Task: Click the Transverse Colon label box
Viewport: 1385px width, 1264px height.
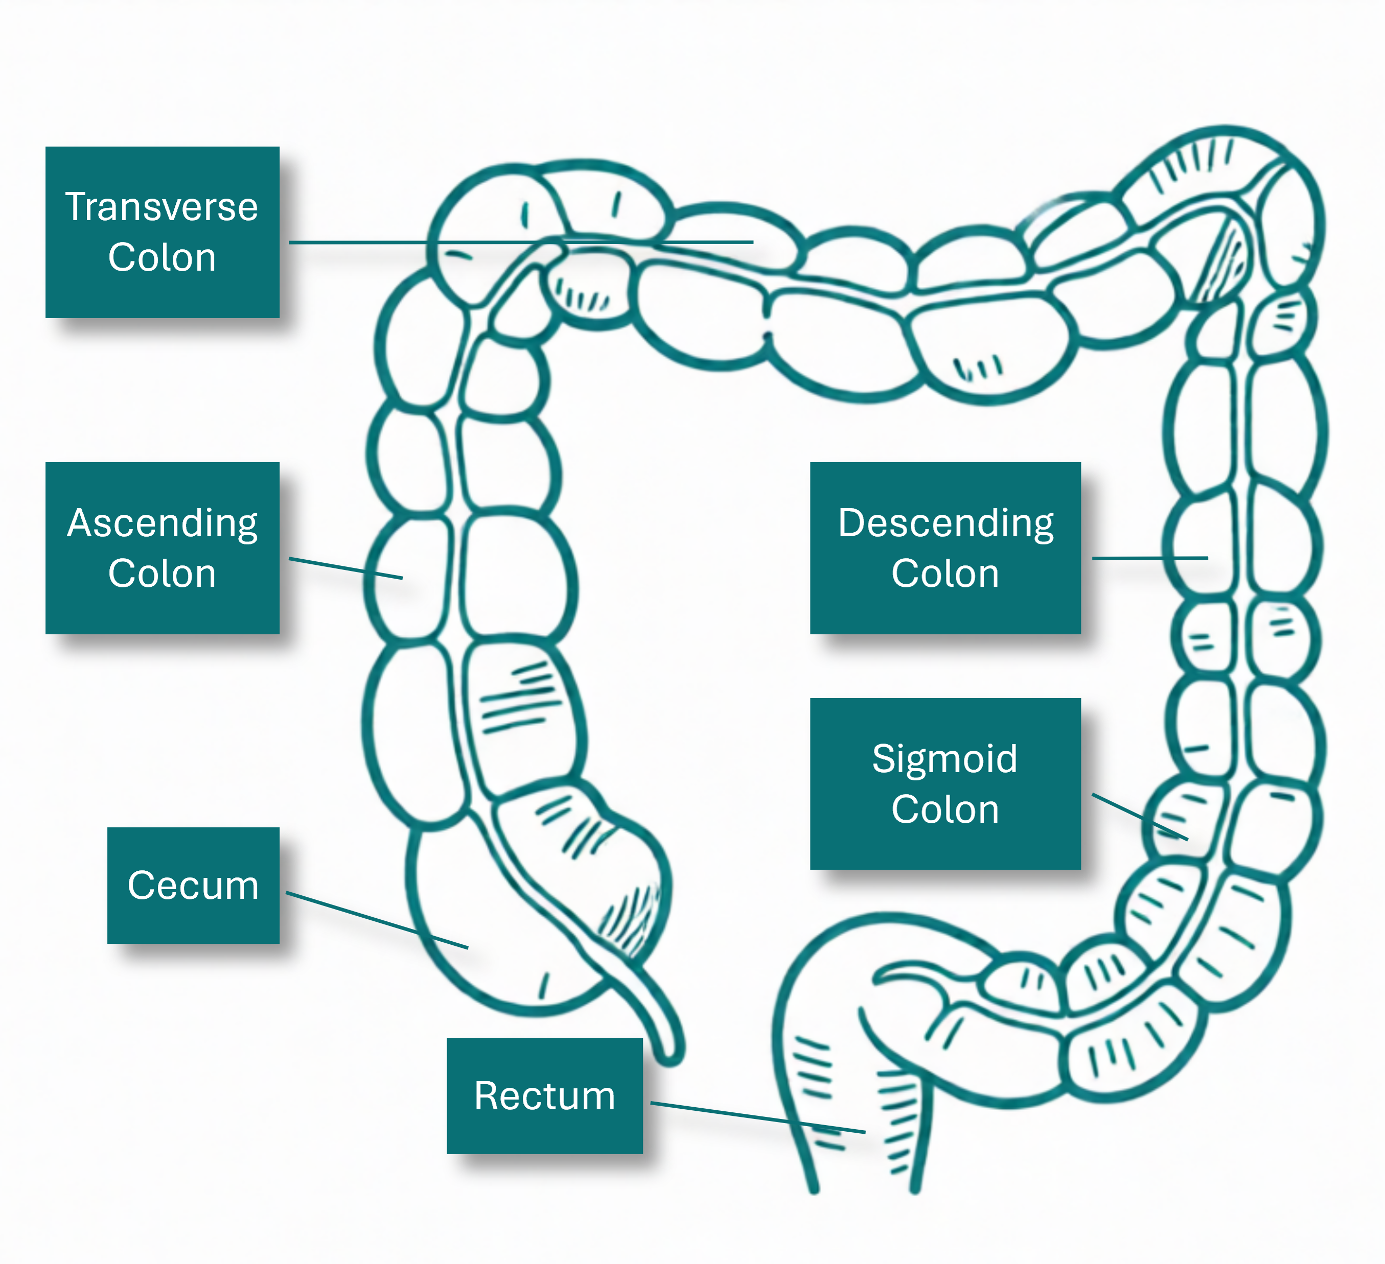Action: tap(162, 232)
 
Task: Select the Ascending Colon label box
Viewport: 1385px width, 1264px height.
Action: tap(162, 548)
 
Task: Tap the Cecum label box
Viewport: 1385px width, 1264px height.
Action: tap(193, 885)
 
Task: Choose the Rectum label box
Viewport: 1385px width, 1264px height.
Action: tap(544, 1095)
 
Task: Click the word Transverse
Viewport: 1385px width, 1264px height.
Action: tap(161, 207)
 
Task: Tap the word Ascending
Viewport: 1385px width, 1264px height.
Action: tap(162, 523)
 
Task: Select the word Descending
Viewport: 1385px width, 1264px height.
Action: tap(945, 523)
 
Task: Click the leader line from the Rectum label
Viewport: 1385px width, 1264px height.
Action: tap(756, 1117)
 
